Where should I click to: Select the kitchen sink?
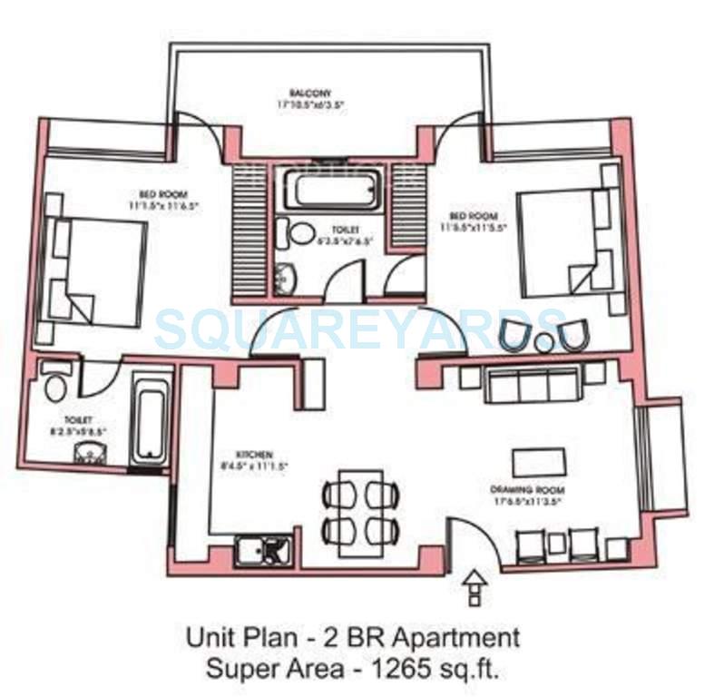pos(263,550)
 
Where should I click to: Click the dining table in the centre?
pos(360,513)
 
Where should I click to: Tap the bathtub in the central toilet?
pos(336,191)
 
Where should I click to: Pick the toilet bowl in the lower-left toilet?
pos(56,385)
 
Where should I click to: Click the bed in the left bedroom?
pos(95,270)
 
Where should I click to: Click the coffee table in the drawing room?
pos(538,461)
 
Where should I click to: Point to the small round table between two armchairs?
pos(544,343)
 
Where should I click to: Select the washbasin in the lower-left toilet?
pos(88,453)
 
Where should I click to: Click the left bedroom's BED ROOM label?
pos(163,192)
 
